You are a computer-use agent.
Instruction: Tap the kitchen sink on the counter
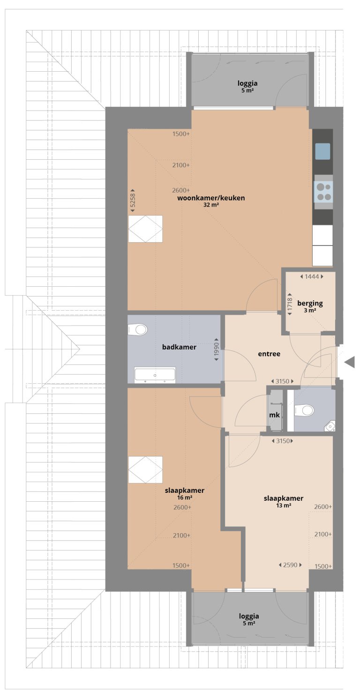click(322, 151)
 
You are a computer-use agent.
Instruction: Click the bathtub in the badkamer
click(155, 375)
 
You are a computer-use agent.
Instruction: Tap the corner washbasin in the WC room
click(330, 425)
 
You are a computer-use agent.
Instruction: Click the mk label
click(274, 415)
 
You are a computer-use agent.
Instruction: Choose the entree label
click(269, 354)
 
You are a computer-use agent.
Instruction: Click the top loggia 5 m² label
click(247, 86)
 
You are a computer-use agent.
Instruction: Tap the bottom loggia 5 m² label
click(248, 619)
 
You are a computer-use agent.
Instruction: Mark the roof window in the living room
click(145, 229)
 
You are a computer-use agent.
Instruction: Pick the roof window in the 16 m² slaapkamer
click(145, 469)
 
